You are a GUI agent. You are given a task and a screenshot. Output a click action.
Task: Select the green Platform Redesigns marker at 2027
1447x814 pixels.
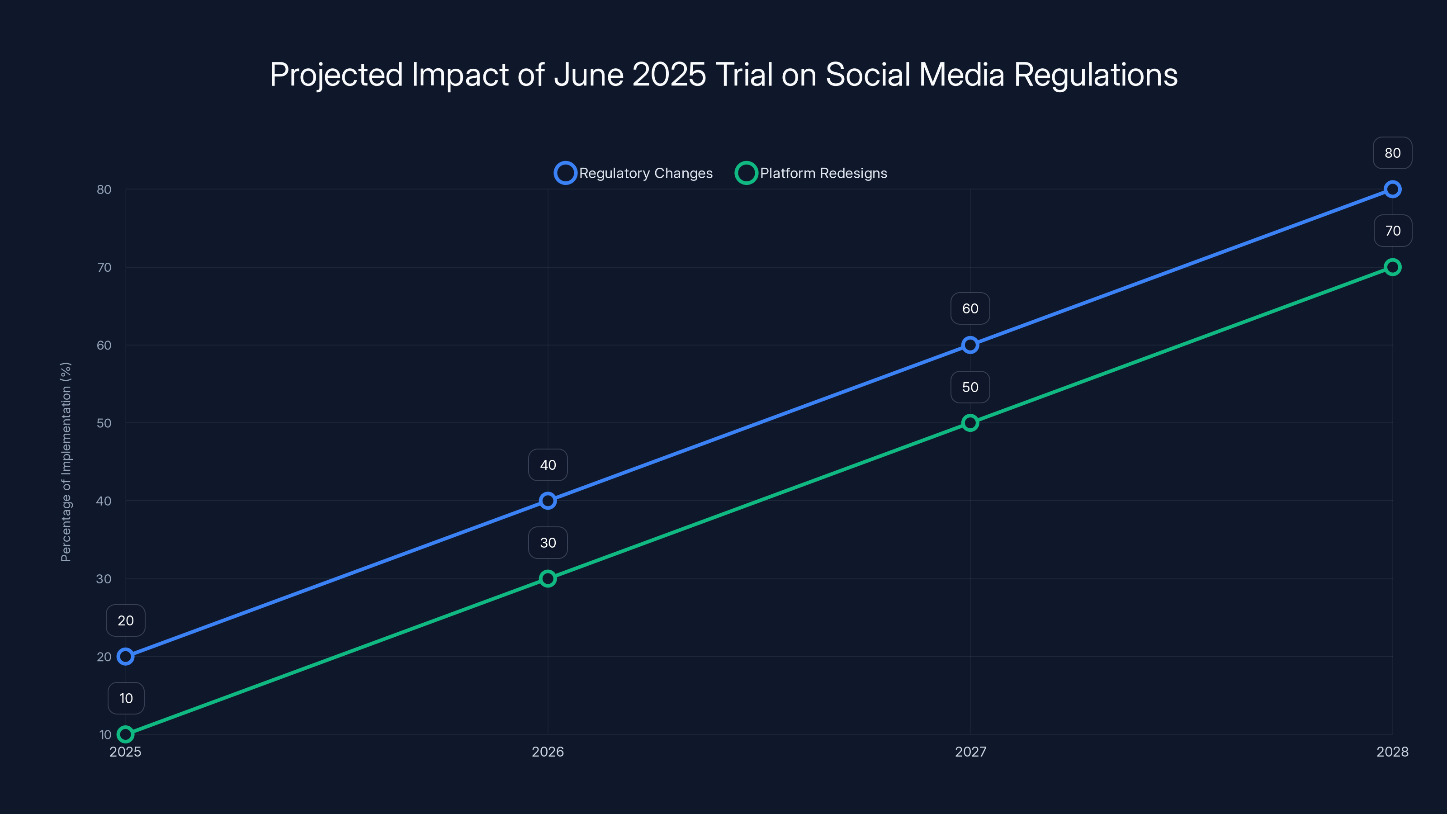[970, 422]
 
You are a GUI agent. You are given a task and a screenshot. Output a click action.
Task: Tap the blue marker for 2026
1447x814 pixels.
[548, 501]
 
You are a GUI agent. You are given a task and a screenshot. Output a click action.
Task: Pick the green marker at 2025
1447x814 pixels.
[125, 734]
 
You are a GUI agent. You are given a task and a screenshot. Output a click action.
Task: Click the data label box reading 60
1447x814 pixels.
[970, 308]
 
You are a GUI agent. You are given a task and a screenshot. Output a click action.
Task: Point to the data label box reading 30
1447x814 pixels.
[548, 543]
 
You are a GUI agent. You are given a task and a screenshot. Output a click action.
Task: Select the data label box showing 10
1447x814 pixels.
[126, 698]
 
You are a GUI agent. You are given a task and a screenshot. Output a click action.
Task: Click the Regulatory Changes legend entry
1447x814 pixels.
[633, 173]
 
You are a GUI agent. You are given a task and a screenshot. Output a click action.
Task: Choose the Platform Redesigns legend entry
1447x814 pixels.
[811, 173]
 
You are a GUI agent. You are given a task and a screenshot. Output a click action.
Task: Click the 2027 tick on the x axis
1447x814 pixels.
[970, 752]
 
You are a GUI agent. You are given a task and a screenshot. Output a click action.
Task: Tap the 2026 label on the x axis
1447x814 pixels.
[548, 752]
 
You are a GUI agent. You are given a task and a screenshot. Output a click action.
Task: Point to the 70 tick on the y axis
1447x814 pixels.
[104, 267]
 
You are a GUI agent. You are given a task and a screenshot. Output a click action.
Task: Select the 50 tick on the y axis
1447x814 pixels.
[104, 423]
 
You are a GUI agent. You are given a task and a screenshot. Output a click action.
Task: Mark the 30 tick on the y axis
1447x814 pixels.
[104, 579]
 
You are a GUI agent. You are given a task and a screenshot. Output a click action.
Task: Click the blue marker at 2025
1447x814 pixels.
[125, 656]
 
